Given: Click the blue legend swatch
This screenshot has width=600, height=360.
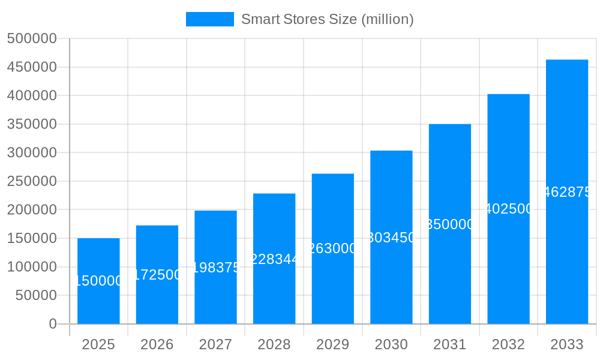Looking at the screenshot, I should [209, 19].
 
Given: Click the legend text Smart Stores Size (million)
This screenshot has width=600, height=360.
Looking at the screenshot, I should [327, 19].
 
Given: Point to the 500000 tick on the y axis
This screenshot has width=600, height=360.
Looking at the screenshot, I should [32, 39].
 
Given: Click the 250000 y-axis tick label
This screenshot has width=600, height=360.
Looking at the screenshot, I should [32, 181].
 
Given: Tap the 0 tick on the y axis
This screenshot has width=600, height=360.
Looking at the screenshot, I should [52, 324].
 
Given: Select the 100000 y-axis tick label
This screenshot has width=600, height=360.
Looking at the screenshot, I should [32, 267].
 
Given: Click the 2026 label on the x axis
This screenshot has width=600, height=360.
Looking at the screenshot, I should [157, 344].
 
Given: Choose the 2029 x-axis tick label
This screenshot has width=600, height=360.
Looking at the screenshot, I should [332, 344].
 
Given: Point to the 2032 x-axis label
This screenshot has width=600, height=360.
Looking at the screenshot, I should [508, 344].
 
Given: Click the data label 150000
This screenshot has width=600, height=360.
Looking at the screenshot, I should [98, 281].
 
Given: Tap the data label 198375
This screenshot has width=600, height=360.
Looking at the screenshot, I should [215, 268].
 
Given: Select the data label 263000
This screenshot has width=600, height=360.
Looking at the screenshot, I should [333, 248].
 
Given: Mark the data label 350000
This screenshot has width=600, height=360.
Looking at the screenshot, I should [450, 224].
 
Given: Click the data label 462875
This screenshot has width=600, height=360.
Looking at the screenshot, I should [567, 192].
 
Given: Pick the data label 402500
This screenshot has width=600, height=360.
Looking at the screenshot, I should [508, 209].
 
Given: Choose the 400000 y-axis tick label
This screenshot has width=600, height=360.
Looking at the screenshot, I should [32, 96].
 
